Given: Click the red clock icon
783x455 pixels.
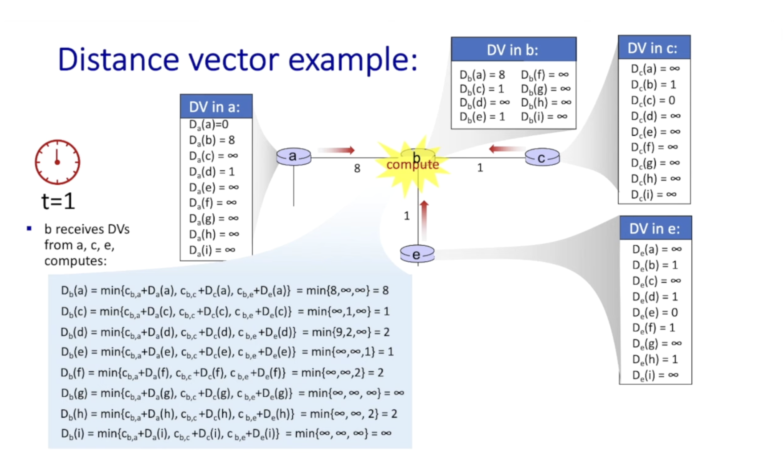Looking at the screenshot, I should [x=58, y=162].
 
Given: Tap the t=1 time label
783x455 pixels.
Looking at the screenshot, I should [x=58, y=201].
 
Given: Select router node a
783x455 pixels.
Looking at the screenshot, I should [x=294, y=157].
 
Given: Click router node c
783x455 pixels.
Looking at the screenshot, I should [x=542, y=157].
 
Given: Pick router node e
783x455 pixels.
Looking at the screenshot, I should [x=417, y=254].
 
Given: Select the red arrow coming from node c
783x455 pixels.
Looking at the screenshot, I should [x=507, y=149].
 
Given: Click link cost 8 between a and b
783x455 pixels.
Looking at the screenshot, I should [x=357, y=168].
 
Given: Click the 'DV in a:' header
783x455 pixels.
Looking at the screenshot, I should [x=216, y=107].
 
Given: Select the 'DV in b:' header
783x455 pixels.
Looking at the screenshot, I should [x=513, y=50].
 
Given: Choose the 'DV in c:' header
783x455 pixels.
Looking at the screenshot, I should [x=654, y=48].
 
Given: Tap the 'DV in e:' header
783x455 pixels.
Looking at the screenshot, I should [x=655, y=229].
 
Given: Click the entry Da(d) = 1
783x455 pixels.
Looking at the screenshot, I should [x=212, y=171].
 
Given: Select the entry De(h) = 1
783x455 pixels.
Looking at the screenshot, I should [x=655, y=359].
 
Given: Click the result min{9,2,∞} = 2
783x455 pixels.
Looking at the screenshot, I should [x=346, y=332].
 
